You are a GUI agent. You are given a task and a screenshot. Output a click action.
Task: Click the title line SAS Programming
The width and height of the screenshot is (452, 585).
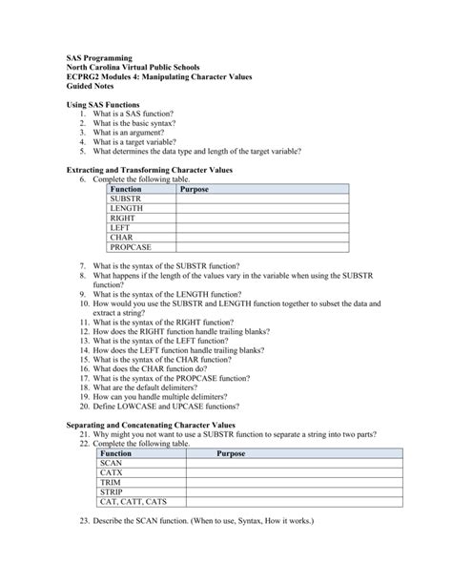(97, 58)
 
